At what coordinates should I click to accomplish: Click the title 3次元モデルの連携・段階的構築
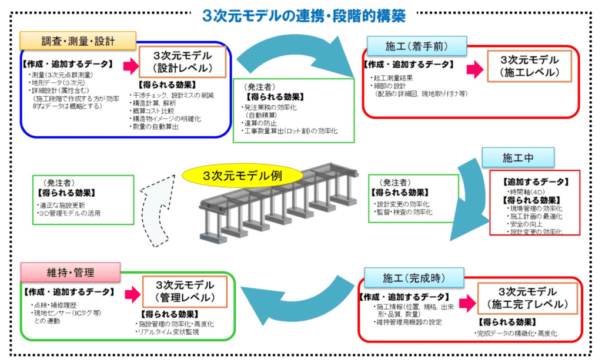pos(303,15)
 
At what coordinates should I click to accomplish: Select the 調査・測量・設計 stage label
pos(78,42)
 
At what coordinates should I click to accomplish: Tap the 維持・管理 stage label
pos(71,273)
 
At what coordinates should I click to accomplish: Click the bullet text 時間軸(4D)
pos(526,191)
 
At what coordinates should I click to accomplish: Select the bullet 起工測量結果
pos(396,78)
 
